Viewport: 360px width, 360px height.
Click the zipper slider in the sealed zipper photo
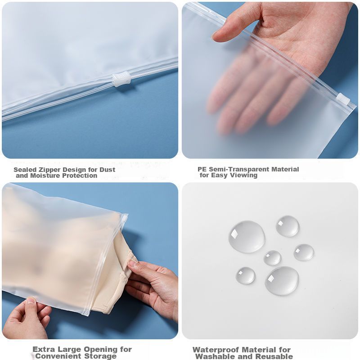pyautogui.click(x=121, y=79)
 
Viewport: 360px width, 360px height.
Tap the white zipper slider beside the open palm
pyautogui.click(x=343, y=99)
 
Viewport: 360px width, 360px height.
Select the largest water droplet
pyautogui.click(x=247, y=237)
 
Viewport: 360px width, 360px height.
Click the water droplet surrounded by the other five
pyautogui.click(x=272, y=258)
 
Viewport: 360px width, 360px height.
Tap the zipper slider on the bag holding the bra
pyautogui.click(x=125, y=218)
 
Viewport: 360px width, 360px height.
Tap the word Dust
pyautogui.click(x=107, y=170)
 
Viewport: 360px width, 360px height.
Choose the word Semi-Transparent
pyautogui.click(x=239, y=169)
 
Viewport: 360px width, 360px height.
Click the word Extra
pyautogui.click(x=44, y=350)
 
